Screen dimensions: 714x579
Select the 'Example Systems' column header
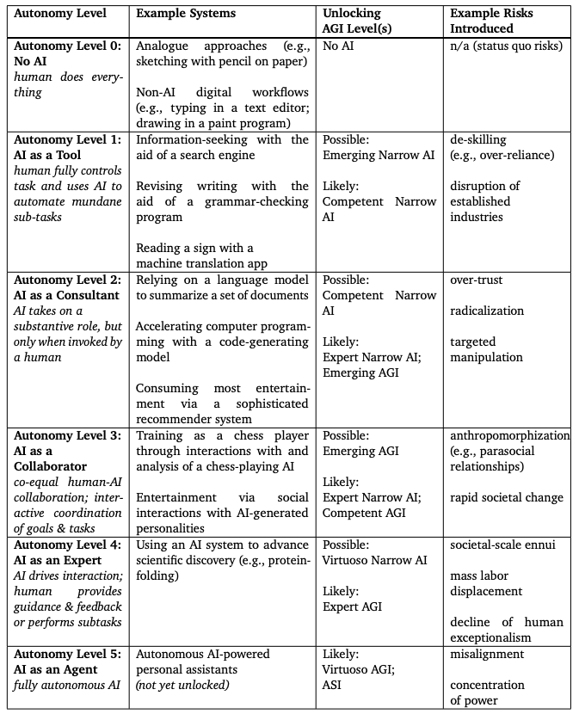coord(185,14)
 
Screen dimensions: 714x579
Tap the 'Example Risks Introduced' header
coord(492,21)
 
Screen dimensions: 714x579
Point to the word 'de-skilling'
coord(478,139)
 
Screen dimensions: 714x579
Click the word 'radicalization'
coord(487,311)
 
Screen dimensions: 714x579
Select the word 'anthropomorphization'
coord(509,435)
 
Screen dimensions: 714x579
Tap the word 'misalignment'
coord(487,654)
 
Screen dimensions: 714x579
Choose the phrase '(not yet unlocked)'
coord(182,685)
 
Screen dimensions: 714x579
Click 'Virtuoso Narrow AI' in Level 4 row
coord(374,561)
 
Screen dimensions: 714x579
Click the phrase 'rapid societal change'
coord(507,497)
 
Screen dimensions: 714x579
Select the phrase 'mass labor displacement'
coord(486,583)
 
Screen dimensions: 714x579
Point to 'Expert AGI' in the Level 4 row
coord(353,607)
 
